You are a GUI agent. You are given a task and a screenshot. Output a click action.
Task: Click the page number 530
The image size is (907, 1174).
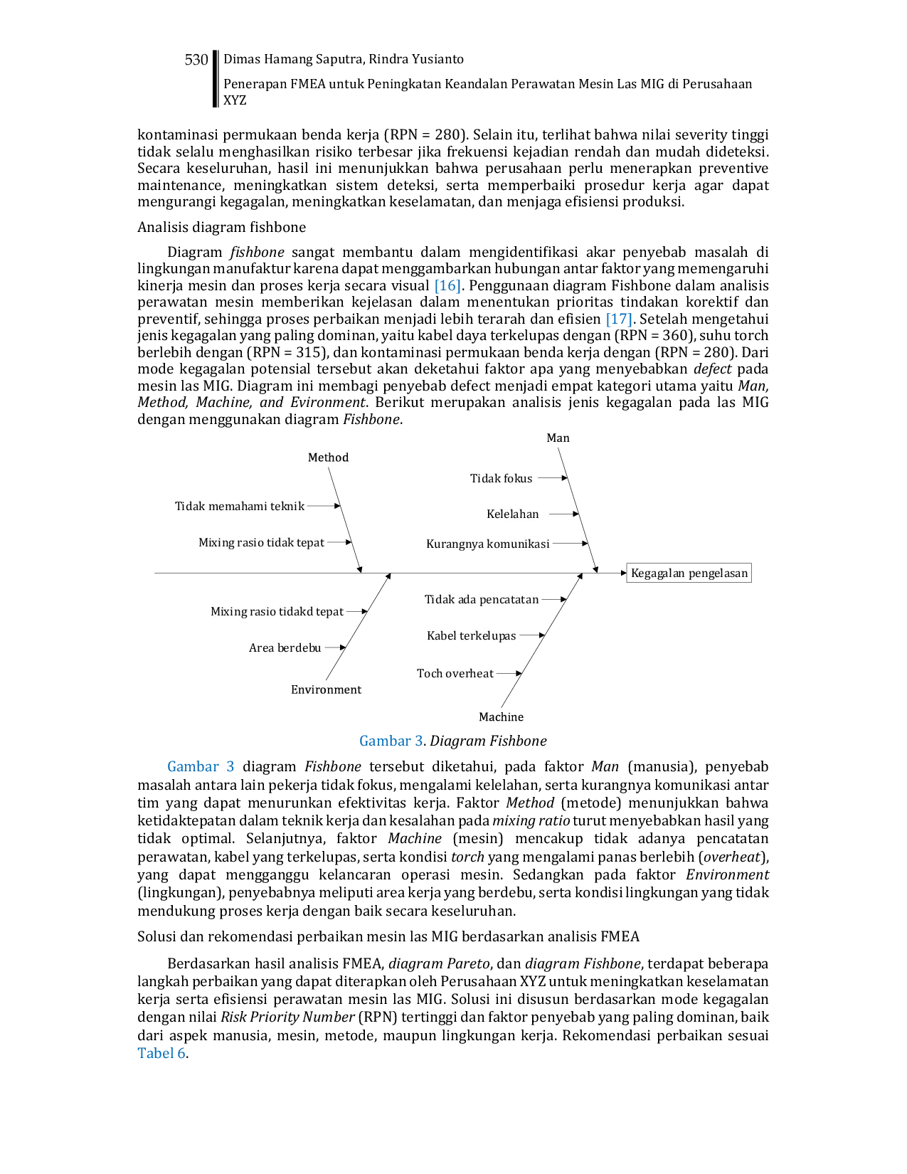click(x=196, y=60)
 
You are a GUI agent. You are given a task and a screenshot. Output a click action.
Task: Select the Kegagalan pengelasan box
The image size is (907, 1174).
click(x=689, y=573)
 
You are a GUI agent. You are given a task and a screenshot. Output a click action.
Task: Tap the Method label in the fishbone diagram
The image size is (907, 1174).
click(x=328, y=458)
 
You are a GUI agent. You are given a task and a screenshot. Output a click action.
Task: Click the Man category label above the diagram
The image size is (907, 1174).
click(x=558, y=438)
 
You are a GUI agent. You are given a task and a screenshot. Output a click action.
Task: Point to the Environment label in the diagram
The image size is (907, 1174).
click(x=326, y=689)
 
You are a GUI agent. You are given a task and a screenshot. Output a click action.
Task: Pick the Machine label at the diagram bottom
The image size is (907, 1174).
click(x=501, y=717)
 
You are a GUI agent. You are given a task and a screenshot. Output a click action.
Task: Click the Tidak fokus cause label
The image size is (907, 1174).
click(x=501, y=478)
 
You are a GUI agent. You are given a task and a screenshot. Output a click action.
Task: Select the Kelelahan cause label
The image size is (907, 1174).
click(x=513, y=514)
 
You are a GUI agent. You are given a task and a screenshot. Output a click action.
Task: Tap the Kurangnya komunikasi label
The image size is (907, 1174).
click(x=487, y=544)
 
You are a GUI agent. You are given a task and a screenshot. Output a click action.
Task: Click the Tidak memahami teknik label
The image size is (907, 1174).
click(x=239, y=506)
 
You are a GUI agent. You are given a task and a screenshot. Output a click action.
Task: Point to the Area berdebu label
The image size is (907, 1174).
click(x=285, y=647)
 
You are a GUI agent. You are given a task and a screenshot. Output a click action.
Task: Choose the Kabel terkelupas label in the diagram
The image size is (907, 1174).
click(x=471, y=635)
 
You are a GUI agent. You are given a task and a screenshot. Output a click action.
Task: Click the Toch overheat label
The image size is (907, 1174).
click(x=455, y=673)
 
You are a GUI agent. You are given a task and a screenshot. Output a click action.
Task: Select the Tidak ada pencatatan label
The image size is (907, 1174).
click(x=482, y=599)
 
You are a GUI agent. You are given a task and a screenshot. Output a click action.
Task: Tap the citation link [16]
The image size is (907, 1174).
click(x=447, y=285)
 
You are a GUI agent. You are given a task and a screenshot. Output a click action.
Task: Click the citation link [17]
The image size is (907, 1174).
click(x=618, y=319)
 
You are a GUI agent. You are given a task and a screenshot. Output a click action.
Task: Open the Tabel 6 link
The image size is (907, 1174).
click(x=161, y=1053)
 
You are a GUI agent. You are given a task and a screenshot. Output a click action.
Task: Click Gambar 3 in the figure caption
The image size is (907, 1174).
click(x=391, y=741)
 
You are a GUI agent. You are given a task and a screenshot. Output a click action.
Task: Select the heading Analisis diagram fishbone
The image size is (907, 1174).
click(x=221, y=227)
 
